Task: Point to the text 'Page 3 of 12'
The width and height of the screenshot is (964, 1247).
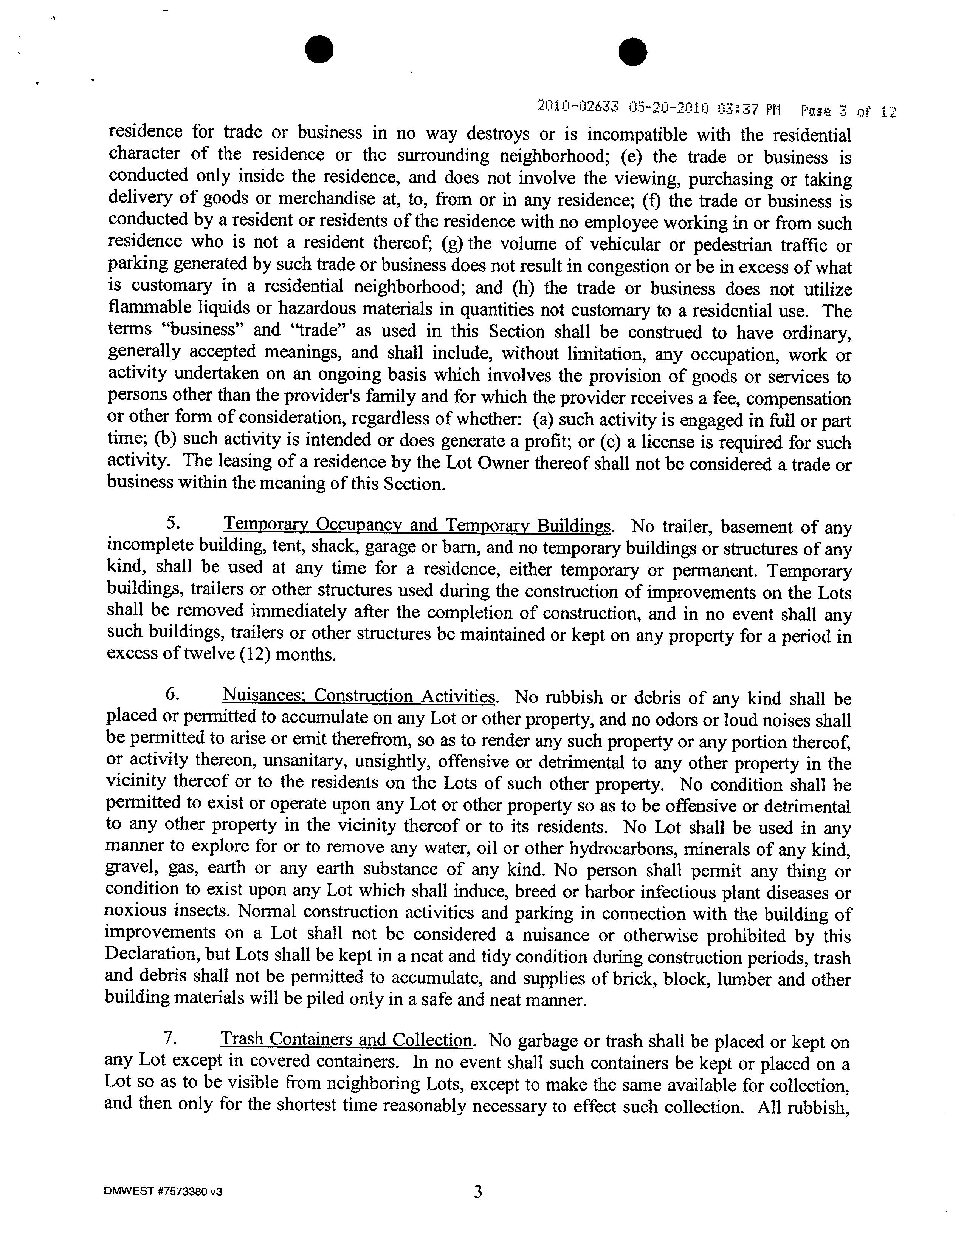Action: pos(849,110)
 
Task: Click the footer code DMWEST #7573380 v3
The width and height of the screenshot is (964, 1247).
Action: pos(163,1191)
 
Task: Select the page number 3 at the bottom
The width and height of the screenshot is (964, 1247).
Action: pos(478,1191)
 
